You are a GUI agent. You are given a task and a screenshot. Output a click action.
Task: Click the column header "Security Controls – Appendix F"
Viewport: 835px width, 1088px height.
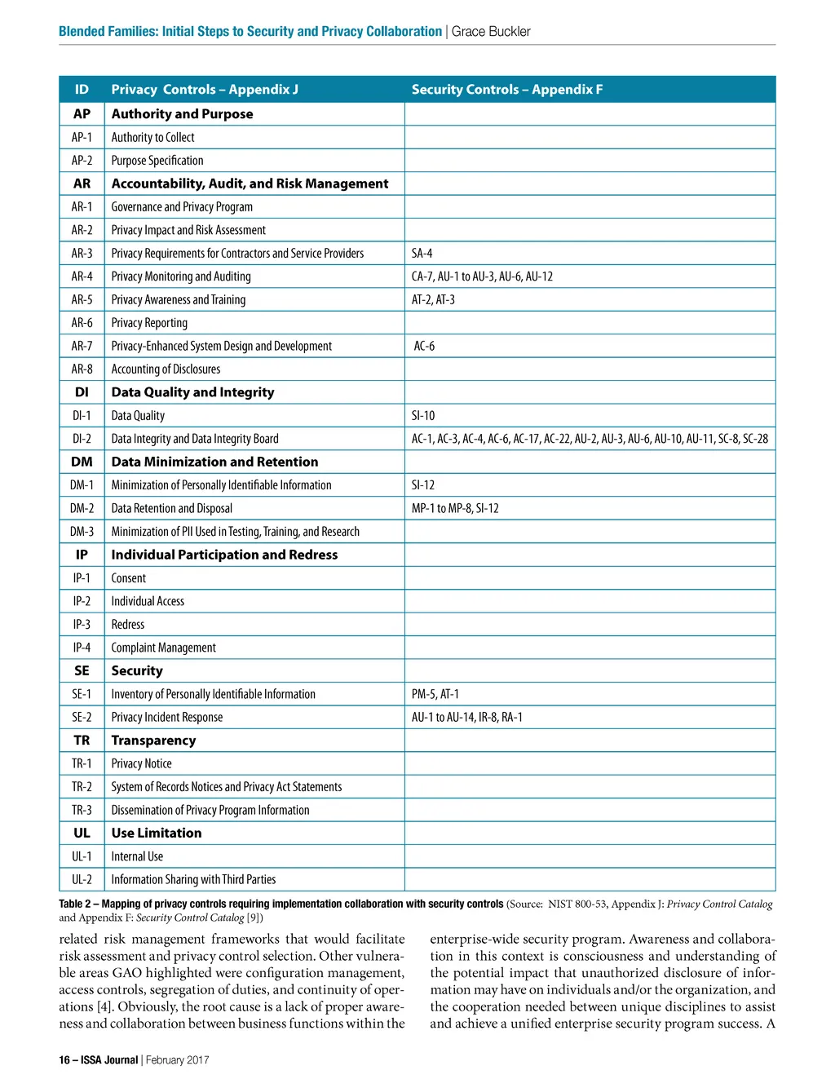[x=506, y=90]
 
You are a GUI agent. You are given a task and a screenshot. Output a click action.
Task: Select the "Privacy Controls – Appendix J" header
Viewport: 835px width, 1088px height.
[x=205, y=90]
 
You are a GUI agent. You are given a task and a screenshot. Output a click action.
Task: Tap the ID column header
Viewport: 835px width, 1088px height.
[x=82, y=90]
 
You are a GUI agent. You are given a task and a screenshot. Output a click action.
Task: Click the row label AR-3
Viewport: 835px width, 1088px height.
[x=82, y=254]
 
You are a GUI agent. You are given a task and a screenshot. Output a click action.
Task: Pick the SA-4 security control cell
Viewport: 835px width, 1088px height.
[x=422, y=254]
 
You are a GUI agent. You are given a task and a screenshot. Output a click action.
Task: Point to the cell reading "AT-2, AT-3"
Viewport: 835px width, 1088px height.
[x=433, y=300]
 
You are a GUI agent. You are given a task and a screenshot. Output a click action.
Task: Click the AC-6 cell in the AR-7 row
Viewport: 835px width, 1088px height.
[x=424, y=347]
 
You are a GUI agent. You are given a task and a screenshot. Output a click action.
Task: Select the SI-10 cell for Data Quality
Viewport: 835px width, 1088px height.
[x=423, y=416]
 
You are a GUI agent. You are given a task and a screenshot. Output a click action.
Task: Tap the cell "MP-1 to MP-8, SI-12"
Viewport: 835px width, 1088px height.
[x=455, y=509]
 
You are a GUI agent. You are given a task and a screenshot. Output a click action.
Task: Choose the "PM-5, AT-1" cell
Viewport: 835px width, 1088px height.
[x=435, y=694]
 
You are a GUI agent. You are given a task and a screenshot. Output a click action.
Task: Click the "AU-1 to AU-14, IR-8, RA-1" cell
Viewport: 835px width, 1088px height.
[x=466, y=718]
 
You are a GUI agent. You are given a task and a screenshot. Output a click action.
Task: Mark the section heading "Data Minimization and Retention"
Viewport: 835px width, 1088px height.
[x=214, y=462]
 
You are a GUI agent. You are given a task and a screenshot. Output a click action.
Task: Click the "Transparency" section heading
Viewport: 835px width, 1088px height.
[x=153, y=741]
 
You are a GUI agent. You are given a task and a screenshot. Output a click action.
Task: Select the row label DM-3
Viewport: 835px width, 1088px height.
[x=82, y=532]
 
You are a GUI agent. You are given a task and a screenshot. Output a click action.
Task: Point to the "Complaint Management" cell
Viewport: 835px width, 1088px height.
[x=163, y=648]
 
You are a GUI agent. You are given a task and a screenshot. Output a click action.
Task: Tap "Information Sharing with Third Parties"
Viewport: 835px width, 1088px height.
[x=193, y=880]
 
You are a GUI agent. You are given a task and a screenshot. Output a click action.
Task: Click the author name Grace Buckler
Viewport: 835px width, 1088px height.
[x=491, y=32]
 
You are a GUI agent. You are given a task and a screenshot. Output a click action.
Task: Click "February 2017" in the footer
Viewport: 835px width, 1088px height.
[x=177, y=1060]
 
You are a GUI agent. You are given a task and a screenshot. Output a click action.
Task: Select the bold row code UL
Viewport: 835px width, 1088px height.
[x=82, y=834]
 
